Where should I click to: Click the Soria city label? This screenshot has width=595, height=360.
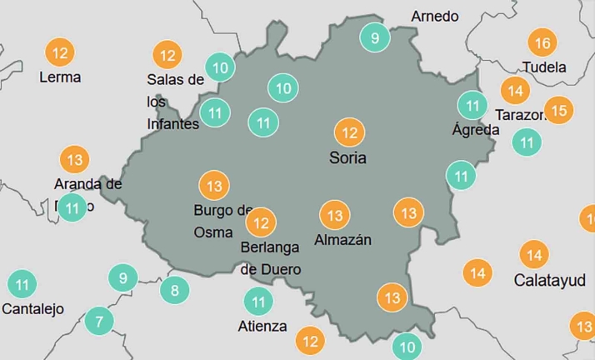(348, 158)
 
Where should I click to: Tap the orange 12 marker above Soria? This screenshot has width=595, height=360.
(349, 132)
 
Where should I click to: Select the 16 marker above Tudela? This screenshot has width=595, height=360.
(542, 42)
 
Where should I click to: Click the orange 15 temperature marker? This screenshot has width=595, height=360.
(559, 109)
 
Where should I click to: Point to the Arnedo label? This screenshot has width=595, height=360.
(435, 16)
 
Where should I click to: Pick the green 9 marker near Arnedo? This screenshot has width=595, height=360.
(375, 37)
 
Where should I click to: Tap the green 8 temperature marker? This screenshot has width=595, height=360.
(174, 291)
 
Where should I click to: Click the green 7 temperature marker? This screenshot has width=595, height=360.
(99, 321)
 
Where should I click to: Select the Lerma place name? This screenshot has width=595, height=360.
(60, 77)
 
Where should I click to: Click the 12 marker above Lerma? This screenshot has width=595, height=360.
(60, 53)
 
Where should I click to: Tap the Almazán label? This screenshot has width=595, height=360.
(342, 240)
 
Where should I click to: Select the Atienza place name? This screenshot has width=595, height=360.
(262, 327)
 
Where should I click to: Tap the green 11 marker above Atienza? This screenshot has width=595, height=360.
(258, 302)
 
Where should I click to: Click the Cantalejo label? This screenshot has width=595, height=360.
(32, 309)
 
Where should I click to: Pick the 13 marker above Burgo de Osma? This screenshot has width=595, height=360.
(214, 186)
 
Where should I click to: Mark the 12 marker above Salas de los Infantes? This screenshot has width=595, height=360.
(167, 56)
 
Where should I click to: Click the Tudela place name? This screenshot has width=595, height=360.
(543, 67)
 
